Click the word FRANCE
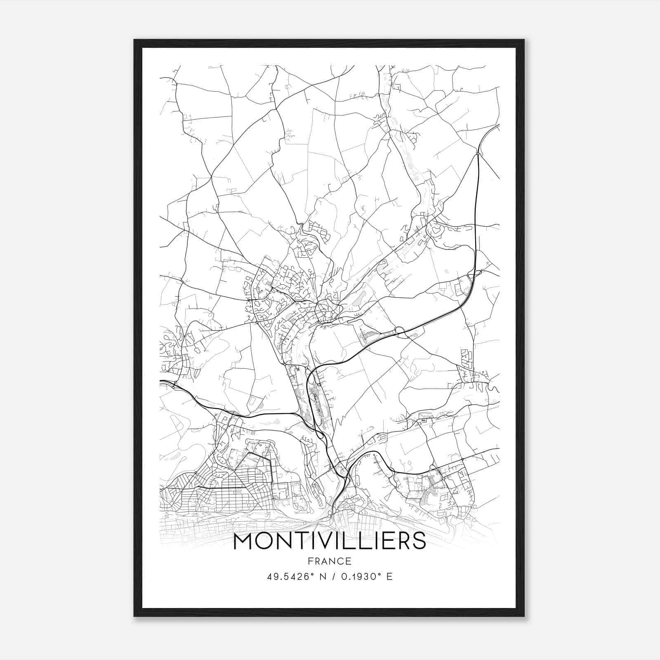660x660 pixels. pyautogui.click(x=330, y=561)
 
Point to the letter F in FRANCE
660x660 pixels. pyautogui.click(x=310, y=561)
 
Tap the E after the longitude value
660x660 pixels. pyautogui.click(x=389, y=577)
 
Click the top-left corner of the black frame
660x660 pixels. pyautogui.click(x=134, y=40)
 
